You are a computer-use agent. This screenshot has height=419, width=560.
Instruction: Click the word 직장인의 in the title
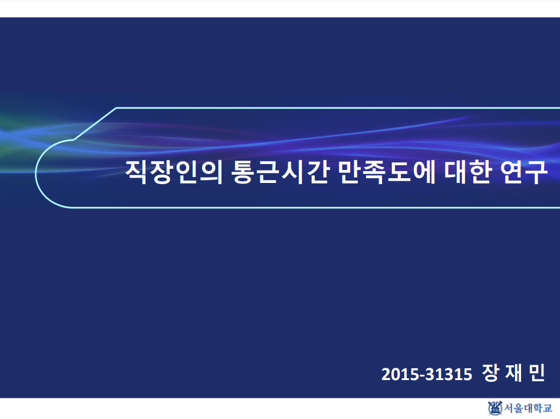[x=174, y=172]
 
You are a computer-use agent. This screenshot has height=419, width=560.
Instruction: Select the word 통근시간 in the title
[x=280, y=172]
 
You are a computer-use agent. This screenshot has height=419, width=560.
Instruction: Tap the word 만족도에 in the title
[x=387, y=172]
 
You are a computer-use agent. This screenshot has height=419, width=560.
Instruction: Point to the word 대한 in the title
[x=467, y=172]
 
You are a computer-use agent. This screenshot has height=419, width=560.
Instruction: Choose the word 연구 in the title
[x=523, y=172]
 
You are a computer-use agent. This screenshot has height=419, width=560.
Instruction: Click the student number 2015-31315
[x=427, y=374]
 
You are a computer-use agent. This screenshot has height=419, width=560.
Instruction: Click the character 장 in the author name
[x=490, y=373]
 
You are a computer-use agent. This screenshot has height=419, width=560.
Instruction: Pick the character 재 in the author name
[x=513, y=373]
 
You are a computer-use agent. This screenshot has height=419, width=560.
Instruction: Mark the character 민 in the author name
[x=537, y=373]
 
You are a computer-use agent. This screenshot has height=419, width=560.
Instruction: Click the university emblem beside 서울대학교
[x=495, y=408]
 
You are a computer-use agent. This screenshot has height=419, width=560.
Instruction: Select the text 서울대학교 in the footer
[x=528, y=408]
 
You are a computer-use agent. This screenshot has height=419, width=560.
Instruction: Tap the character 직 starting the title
[x=136, y=172]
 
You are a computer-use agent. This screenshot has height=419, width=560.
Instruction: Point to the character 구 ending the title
[x=537, y=172]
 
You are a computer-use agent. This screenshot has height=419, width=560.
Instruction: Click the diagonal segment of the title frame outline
[x=95, y=124]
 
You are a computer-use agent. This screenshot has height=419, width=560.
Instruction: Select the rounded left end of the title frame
[x=36, y=174]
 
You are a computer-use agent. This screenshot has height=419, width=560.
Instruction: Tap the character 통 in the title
[x=243, y=172]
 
